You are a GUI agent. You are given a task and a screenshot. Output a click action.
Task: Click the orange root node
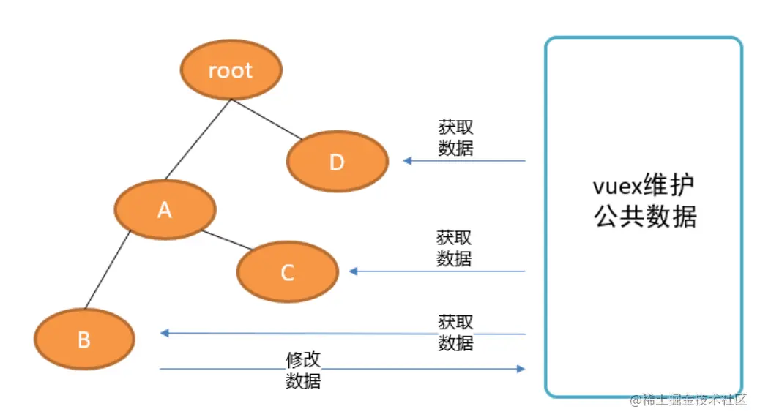[x=231, y=70]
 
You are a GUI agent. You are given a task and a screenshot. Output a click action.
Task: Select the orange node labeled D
[x=337, y=162]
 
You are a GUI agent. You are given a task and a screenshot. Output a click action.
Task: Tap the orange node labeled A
[x=165, y=210]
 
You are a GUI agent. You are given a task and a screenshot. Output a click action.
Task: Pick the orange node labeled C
[x=287, y=272]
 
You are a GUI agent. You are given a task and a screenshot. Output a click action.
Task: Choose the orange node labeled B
[x=84, y=339]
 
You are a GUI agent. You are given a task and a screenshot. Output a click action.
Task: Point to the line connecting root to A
[x=198, y=139]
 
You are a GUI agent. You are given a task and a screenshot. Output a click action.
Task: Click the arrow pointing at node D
[x=464, y=160]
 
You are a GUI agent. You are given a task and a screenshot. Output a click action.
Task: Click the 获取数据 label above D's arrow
[x=455, y=138]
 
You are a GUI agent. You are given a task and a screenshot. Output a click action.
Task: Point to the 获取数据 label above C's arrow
[x=454, y=248]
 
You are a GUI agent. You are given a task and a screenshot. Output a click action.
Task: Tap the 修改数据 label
[x=303, y=370]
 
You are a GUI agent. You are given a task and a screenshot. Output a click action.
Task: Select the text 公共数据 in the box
[x=645, y=217]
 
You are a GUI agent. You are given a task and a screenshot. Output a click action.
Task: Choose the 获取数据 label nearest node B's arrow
[x=455, y=332]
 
